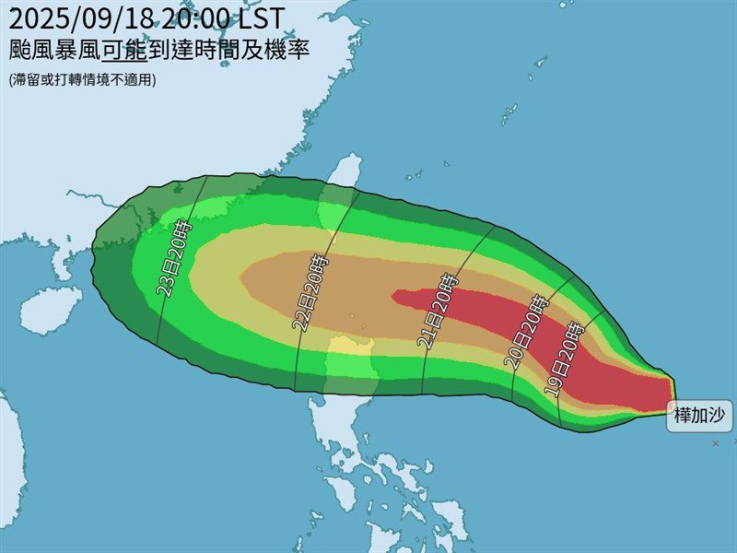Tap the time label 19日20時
point(564,360)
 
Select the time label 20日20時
point(526,332)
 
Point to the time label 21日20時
point(438,312)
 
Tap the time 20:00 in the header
point(197,17)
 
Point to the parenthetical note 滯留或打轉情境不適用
point(84,80)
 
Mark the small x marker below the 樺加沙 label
point(715,444)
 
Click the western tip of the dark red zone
point(394,297)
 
